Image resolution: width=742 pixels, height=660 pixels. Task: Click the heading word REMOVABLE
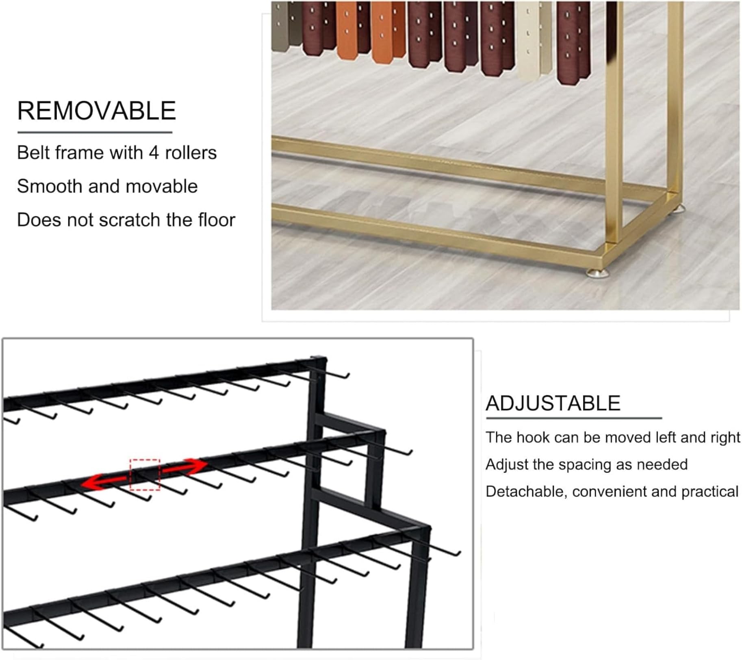[x=96, y=111]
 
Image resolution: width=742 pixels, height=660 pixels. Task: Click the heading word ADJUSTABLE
[x=553, y=403]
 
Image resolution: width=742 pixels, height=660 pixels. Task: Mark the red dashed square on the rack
[x=145, y=475]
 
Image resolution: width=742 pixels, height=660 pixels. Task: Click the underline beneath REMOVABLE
[x=95, y=133]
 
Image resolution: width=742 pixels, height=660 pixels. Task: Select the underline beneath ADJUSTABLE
[x=574, y=418]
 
